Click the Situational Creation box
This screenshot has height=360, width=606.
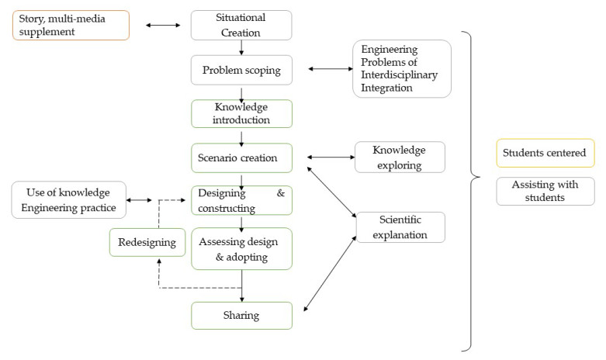click(241, 25)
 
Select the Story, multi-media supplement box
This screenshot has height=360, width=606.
click(71, 25)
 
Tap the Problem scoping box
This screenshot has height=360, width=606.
click(241, 70)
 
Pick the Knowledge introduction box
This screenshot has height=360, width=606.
click(241, 113)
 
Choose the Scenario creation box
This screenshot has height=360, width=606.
click(241, 157)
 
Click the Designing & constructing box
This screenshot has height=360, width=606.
click(241, 200)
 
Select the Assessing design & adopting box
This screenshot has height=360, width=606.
click(241, 248)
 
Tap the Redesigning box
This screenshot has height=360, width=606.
click(147, 243)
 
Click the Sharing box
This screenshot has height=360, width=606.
click(241, 316)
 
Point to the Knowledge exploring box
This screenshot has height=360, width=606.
click(400, 157)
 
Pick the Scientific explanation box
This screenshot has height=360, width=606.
click(400, 227)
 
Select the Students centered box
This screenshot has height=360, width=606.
click(545, 153)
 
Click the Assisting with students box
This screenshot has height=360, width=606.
click(545, 192)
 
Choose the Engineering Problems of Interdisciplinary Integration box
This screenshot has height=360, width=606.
click(401, 69)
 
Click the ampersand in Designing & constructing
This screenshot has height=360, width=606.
click(281, 192)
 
